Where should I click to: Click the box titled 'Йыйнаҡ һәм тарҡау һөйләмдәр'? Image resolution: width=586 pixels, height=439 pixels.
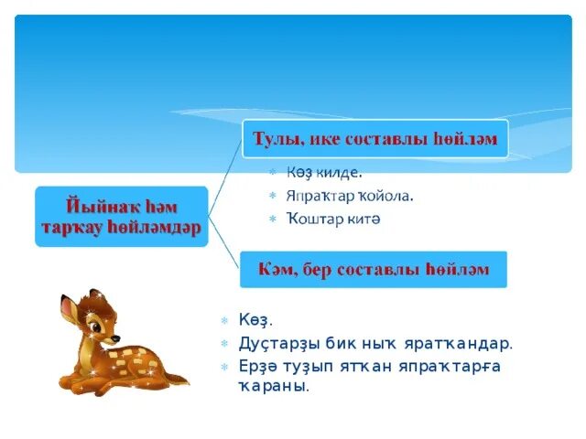pyautogui.click(x=123, y=217)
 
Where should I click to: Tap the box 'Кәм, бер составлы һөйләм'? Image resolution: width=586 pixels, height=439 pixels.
pyautogui.click(x=374, y=270)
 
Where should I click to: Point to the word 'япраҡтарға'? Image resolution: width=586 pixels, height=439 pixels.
pyautogui.click(x=450, y=367)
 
